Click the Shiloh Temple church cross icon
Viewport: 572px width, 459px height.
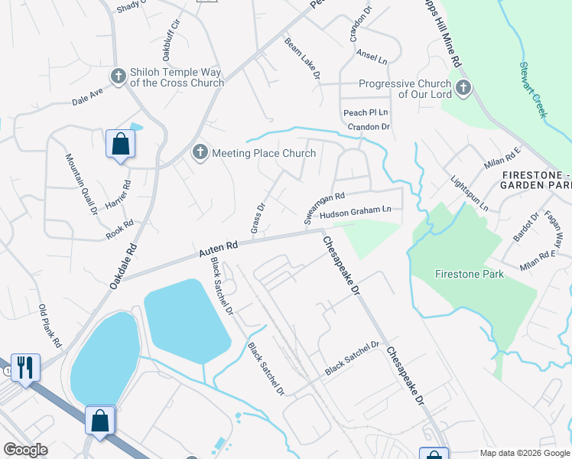click(x=119, y=76)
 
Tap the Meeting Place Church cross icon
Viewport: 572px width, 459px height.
click(x=200, y=152)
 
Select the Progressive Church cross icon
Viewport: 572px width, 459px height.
click(x=463, y=88)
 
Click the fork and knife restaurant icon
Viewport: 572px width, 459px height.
click(x=24, y=368)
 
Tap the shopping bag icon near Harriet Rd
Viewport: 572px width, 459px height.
click(x=120, y=143)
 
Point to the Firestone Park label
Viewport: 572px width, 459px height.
click(x=469, y=273)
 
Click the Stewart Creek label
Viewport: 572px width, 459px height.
click(x=533, y=90)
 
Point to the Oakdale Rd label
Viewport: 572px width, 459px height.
click(x=122, y=266)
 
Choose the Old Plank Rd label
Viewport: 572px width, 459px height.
click(x=50, y=326)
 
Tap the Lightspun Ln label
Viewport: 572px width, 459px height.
click(x=469, y=195)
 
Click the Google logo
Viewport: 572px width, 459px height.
click(x=25, y=450)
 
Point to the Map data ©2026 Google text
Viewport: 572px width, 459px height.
click(x=525, y=453)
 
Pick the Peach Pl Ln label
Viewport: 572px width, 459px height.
click(x=365, y=112)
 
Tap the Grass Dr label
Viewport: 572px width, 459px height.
click(x=258, y=219)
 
